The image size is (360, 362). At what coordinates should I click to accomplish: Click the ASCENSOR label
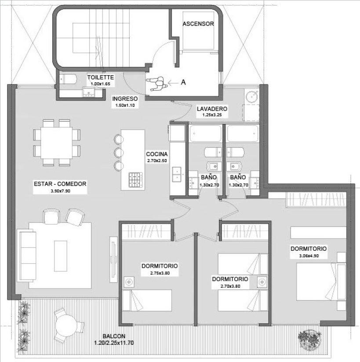click(198, 24)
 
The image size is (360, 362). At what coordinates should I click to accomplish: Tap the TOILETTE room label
click(100, 77)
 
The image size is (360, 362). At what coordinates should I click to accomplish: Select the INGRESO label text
click(125, 99)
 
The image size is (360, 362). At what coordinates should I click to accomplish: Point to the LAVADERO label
click(212, 109)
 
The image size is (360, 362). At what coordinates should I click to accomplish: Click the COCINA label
click(156, 154)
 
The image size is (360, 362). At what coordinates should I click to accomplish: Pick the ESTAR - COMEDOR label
click(60, 184)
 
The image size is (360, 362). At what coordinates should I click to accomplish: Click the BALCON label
click(114, 336)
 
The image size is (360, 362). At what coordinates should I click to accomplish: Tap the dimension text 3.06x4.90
click(309, 256)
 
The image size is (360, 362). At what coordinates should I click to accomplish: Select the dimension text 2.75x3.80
click(160, 273)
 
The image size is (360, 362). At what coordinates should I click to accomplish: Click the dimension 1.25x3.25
click(212, 115)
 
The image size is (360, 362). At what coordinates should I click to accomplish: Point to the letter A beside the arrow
click(183, 82)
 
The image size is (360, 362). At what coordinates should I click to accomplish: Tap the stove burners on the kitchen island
click(136, 180)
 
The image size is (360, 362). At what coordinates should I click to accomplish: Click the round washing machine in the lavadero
click(251, 96)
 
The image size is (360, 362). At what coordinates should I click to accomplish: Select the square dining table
click(57, 143)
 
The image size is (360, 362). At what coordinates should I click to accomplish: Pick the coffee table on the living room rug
click(61, 256)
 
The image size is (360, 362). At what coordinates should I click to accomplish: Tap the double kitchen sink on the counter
click(177, 174)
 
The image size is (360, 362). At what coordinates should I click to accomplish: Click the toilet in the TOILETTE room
click(68, 79)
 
